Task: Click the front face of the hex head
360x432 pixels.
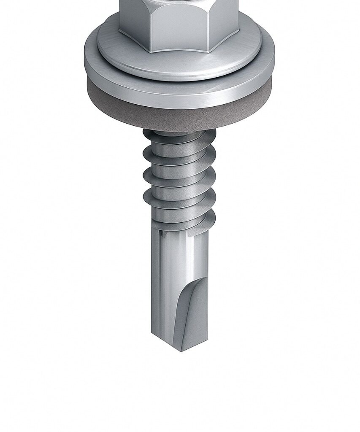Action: click(179, 25)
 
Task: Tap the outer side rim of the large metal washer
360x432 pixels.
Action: click(179, 95)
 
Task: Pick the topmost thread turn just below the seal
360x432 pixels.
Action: click(179, 136)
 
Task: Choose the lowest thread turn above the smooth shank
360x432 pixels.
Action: click(181, 217)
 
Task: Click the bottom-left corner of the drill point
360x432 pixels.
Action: click(152, 334)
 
